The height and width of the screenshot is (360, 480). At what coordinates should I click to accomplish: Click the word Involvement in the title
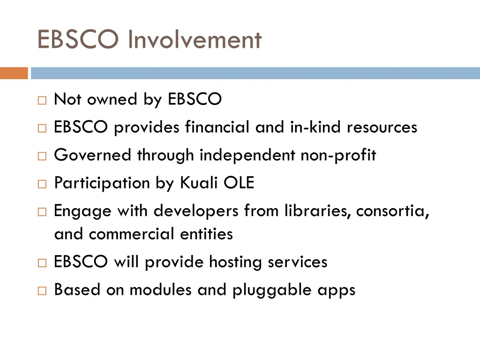[195, 39]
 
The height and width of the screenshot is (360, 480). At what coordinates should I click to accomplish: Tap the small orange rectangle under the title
[14, 73]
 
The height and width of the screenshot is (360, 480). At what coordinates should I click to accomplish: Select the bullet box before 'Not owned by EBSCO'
[42, 100]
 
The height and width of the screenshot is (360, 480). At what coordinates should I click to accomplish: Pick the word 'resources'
[382, 127]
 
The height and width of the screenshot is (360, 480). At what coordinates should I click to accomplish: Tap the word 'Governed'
[93, 155]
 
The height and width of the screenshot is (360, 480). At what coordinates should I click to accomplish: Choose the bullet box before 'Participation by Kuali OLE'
[42, 184]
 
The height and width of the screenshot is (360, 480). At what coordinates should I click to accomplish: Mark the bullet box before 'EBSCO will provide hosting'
[42, 262]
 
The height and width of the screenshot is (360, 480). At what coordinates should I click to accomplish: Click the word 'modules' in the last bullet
[161, 290]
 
